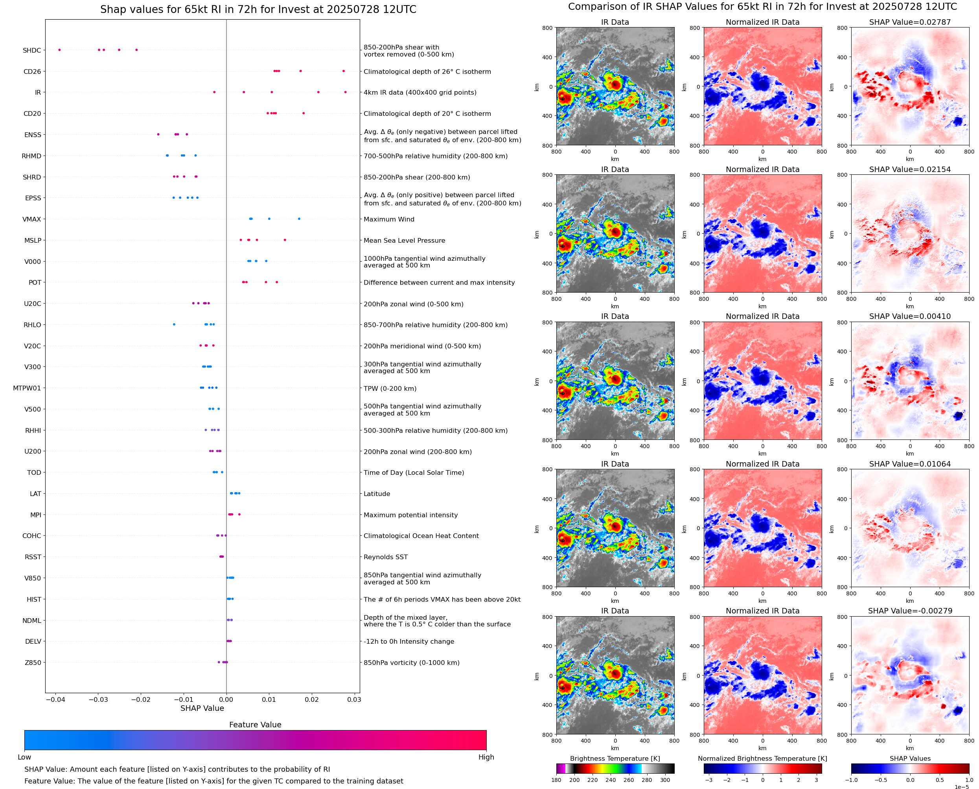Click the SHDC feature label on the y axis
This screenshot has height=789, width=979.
pos(32,50)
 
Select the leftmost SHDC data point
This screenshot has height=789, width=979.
pos(60,50)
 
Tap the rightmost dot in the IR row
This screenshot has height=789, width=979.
pos(345,92)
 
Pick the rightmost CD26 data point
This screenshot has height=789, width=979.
pos(344,71)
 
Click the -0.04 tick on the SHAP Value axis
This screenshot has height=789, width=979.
pos(55,699)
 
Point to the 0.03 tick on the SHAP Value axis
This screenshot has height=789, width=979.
pos(354,699)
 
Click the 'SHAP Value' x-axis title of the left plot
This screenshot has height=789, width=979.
pos(202,708)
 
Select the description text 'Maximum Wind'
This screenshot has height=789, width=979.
pos(389,219)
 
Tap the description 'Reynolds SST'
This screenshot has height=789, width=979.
pos(385,557)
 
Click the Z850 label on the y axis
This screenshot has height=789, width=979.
pos(33,663)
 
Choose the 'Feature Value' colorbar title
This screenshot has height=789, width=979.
pos(255,725)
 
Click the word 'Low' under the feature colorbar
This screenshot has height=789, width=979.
pos(24,757)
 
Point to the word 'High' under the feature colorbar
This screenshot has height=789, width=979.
pos(486,757)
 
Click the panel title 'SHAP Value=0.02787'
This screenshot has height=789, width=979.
pos(910,22)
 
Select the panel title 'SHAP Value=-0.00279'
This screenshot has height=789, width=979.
pos(910,611)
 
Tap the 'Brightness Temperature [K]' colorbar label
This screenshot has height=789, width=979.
pos(615,758)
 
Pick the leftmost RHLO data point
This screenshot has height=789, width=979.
pos(174,324)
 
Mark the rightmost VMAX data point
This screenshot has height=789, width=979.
pos(299,219)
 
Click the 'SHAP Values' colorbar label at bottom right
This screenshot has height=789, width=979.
pos(910,758)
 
